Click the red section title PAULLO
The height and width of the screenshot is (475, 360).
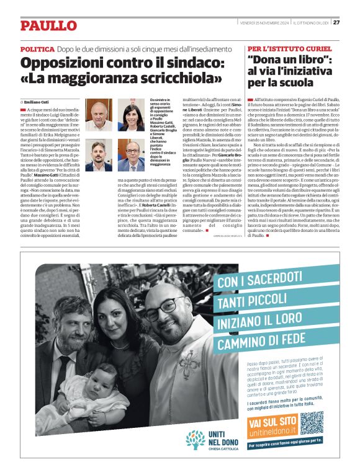[x=48, y=25]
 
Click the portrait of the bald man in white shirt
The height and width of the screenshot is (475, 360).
[x=98, y=115]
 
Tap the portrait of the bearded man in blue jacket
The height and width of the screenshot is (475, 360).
[x=98, y=155]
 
